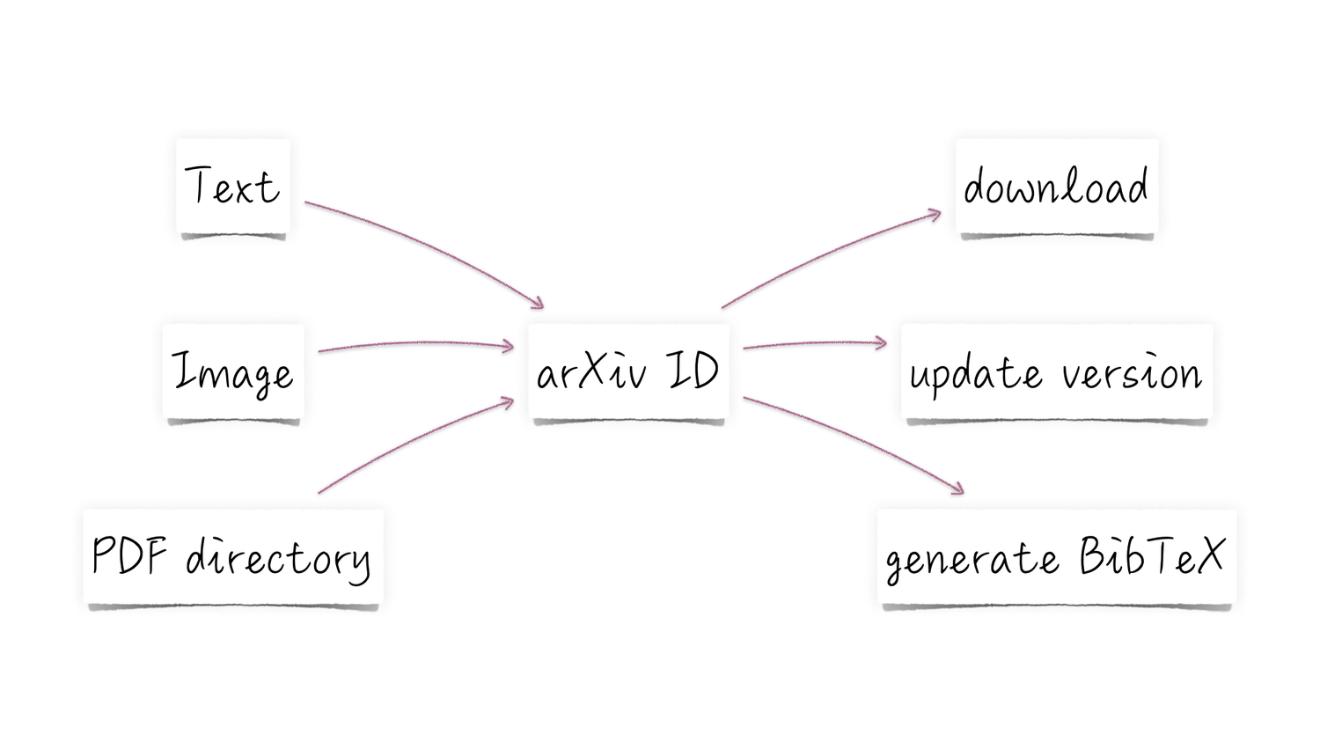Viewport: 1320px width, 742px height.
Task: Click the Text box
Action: coord(233,187)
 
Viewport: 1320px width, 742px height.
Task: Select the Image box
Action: coord(233,371)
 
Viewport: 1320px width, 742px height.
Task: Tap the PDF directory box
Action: coord(233,557)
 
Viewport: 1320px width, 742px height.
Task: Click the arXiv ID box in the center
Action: coord(628,371)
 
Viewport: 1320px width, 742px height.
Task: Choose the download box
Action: coord(1056,187)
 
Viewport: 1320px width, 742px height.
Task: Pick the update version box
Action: coord(1056,372)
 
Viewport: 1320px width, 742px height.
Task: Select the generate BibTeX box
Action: coord(1056,557)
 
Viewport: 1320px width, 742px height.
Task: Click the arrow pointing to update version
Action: coord(814,343)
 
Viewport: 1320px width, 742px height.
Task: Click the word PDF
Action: coord(129,555)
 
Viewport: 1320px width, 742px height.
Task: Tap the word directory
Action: coord(277,559)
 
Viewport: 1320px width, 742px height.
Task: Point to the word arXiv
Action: coord(591,371)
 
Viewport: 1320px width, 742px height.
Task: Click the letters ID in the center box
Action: coord(693,370)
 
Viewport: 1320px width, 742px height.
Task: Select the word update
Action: coord(975,375)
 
